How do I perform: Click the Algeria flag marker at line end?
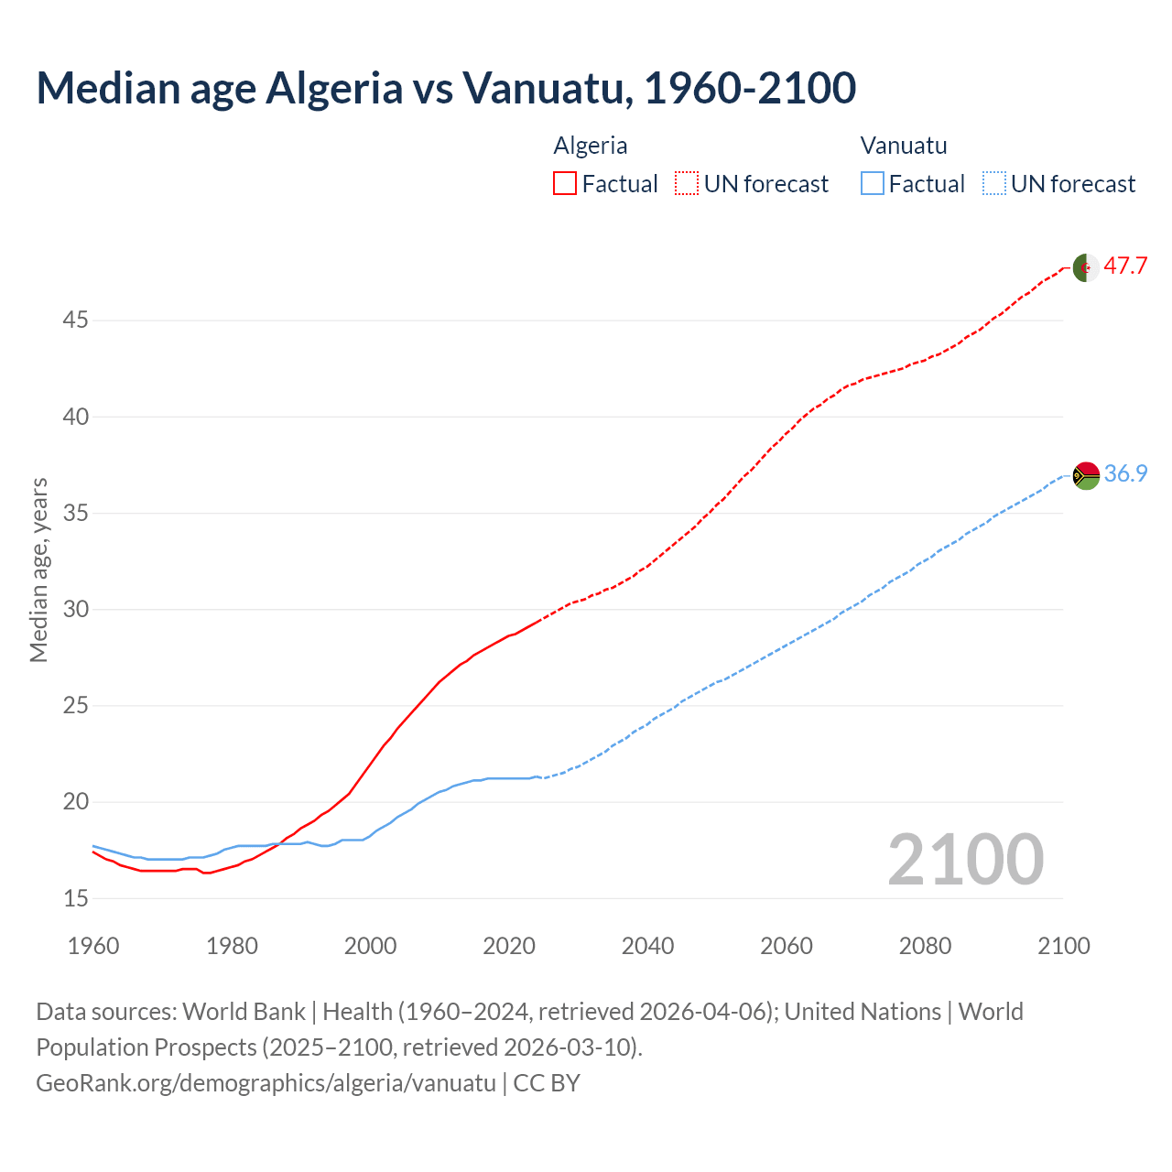[x=1086, y=267]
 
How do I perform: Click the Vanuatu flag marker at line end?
[x=1086, y=475]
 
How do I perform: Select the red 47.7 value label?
[x=1125, y=266]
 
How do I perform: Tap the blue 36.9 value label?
[x=1125, y=473]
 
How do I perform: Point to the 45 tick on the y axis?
[x=75, y=320]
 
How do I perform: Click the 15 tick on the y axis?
[x=75, y=898]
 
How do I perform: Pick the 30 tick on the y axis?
[x=75, y=609]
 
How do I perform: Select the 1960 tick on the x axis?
[x=93, y=946]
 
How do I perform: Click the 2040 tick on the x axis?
[x=647, y=946]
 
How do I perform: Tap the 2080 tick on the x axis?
[x=925, y=946]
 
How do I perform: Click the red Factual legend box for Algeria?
[x=565, y=184]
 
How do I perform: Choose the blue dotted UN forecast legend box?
[x=994, y=184]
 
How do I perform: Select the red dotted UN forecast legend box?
[x=687, y=184]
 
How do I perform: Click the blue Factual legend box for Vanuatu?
[x=873, y=184]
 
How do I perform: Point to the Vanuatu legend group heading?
[x=904, y=146]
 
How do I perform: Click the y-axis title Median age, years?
[x=38, y=570]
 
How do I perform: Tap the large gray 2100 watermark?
[x=965, y=859]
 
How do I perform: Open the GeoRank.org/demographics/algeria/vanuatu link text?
[x=266, y=1083]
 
